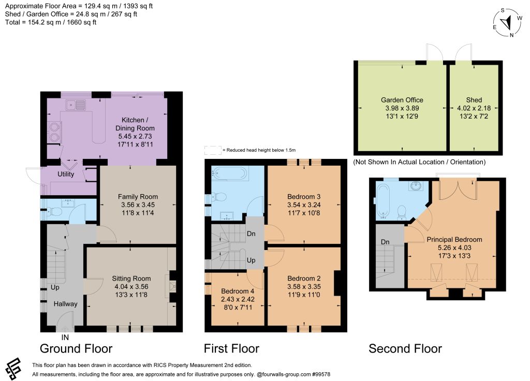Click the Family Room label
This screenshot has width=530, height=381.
pos(138,196)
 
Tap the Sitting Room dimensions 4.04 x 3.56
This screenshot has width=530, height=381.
pos(131,286)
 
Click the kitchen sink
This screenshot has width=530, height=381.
pos(76,105)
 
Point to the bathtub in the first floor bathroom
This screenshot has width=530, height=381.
pos(230,173)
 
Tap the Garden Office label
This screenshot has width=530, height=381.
pos(402,100)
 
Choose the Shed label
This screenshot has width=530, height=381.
pos(474,100)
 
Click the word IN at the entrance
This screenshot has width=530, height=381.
pos(65,338)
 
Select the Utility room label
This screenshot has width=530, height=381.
pos(66,174)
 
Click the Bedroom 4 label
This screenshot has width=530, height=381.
pos(238,291)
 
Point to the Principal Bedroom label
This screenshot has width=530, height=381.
pos(454,239)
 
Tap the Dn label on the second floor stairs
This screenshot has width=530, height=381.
pos(385,242)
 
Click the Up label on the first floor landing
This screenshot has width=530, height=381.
pos(251,260)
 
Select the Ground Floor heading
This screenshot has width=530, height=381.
pos(76,348)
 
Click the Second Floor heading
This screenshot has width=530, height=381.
pos(405,348)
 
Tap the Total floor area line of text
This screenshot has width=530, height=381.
pos(51,22)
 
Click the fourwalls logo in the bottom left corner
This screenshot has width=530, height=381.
pos(13,369)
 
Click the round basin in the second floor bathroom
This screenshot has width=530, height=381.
pos(416,186)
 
